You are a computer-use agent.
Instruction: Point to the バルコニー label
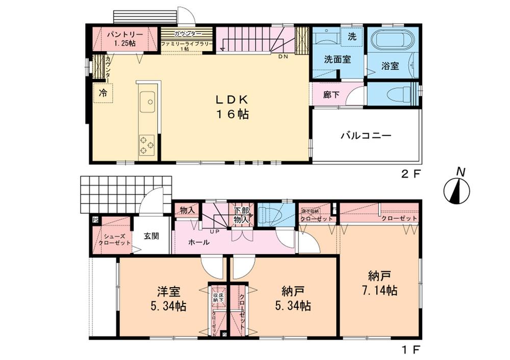(366, 136)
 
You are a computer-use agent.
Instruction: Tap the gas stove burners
(147, 144)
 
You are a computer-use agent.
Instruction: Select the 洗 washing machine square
(352, 37)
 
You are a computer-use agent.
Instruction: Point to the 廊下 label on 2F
(331, 94)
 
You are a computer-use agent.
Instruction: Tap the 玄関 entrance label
(151, 236)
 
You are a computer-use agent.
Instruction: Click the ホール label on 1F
(198, 243)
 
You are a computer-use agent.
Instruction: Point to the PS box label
(95, 220)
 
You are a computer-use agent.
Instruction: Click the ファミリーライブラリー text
(186, 44)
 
